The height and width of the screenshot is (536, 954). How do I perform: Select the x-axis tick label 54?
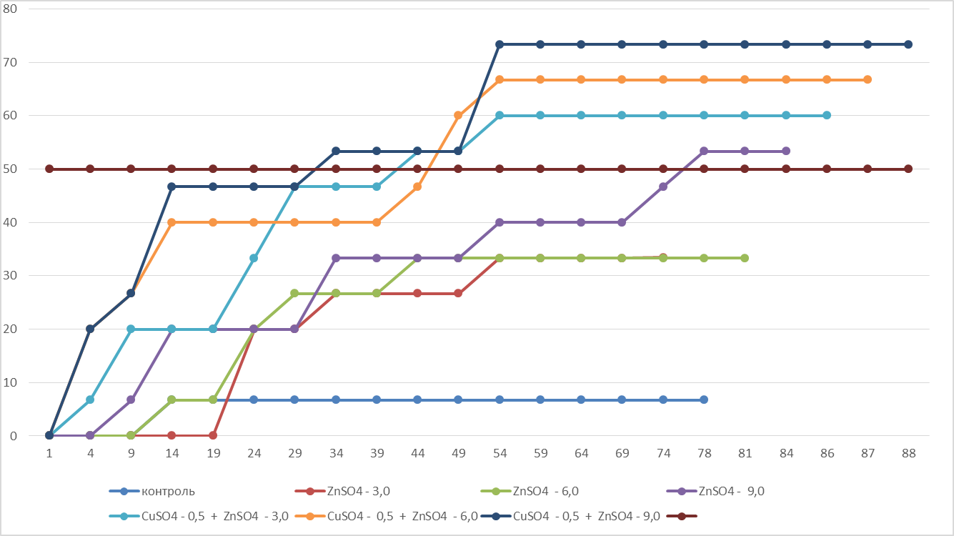tap(500, 452)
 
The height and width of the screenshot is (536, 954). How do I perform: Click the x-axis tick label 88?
tap(908, 452)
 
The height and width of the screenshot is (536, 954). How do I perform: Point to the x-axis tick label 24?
tap(254, 452)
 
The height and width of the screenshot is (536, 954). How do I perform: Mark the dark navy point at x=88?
tap(908, 44)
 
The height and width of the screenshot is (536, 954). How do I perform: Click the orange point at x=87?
tap(868, 79)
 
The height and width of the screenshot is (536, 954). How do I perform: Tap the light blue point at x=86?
tap(827, 115)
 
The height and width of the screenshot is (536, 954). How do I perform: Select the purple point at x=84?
tap(786, 151)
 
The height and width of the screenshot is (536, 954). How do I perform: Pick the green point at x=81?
tap(745, 258)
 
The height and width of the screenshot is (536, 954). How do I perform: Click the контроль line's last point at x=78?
tap(704, 399)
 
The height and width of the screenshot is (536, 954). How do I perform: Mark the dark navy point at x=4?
tap(90, 329)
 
